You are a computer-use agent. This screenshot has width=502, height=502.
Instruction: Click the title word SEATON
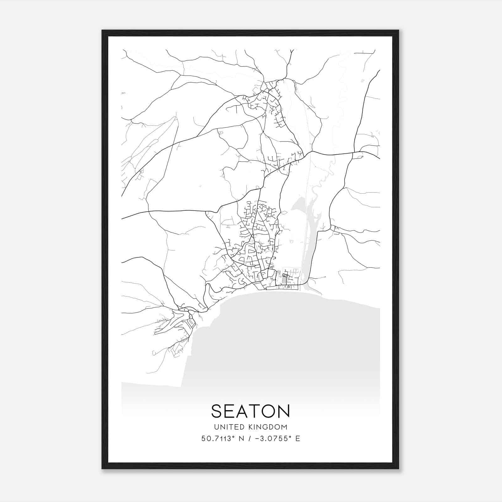coord(250,411)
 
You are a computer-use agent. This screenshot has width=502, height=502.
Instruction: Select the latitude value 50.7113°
coord(218,439)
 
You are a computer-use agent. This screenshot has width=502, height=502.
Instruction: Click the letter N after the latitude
coord(242,439)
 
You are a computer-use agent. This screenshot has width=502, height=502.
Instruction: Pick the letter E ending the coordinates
coord(298,439)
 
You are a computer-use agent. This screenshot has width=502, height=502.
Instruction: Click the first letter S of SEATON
coord(217,411)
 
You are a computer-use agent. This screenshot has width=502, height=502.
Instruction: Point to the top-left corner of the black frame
coord(102,30)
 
